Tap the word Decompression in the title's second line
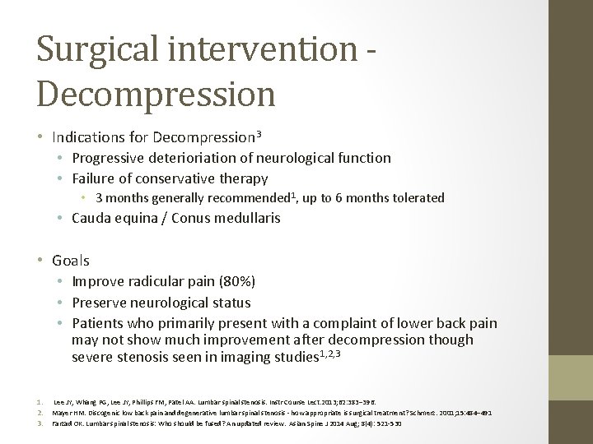tap(156, 93)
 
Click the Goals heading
tap(71, 261)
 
